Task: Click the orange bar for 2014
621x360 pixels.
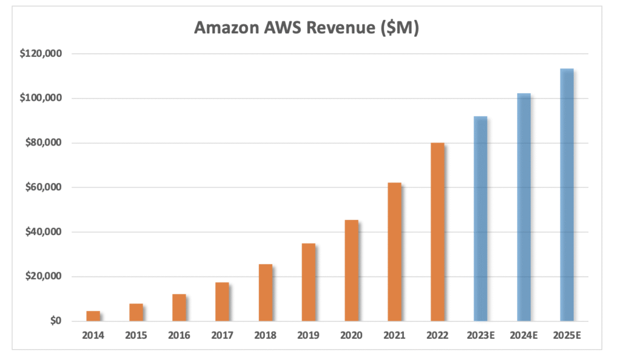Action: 93,316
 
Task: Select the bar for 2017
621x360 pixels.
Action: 222,301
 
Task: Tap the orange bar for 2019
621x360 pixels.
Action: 308,282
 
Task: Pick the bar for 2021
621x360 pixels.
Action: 394,252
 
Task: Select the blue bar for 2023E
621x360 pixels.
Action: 480,218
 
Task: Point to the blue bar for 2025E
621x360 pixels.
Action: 566,195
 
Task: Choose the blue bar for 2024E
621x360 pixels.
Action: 523,207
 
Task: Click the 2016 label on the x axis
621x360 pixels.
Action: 179,335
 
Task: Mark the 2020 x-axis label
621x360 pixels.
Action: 351,335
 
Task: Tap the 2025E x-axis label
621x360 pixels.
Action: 566,335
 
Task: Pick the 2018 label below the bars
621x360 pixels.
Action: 265,335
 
